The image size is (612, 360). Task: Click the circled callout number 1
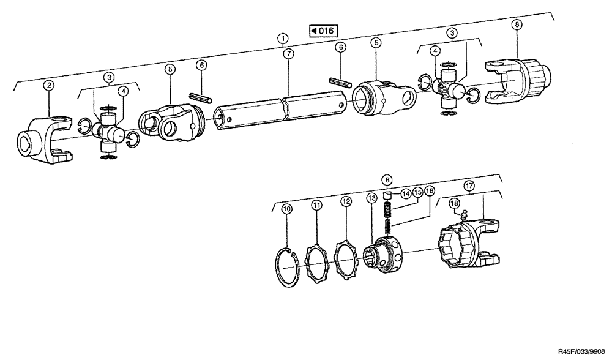coord(282,38)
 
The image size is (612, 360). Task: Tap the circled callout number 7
coord(288,53)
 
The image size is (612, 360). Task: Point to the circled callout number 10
coord(286,209)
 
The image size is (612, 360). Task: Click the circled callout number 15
coord(418,192)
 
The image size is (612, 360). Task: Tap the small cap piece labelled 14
coord(387,197)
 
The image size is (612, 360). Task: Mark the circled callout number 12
coord(346,201)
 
